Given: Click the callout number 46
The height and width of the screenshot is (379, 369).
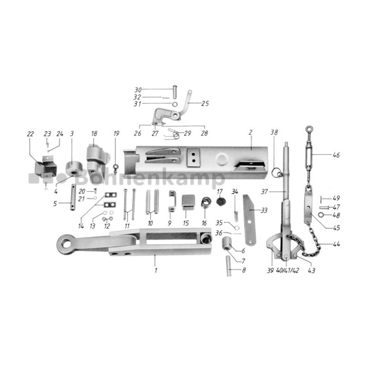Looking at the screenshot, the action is pyautogui.click(x=336, y=155).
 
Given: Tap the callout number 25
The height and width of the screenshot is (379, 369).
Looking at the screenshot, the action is pyautogui.click(x=205, y=103).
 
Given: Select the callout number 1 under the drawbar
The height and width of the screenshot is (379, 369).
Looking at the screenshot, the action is pyautogui.click(x=156, y=270).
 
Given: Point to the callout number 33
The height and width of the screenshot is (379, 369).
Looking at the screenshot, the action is pyautogui.click(x=264, y=210).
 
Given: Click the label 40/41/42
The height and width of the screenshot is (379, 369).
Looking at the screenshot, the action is pyautogui.click(x=287, y=270).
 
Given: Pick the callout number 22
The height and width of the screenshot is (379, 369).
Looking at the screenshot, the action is pyautogui.click(x=30, y=134).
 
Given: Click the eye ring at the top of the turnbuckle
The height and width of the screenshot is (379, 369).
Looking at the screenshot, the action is pyautogui.click(x=309, y=129).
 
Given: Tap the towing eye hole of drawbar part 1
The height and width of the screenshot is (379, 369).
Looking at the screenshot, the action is pyautogui.click(x=65, y=244).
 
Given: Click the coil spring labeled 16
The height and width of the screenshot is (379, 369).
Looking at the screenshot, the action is pyautogui.click(x=206, y=202).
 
